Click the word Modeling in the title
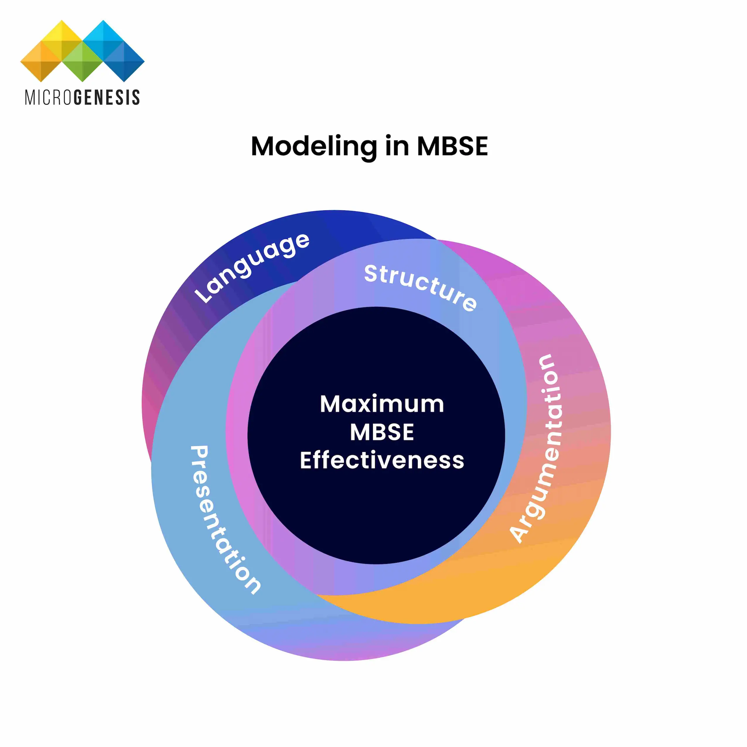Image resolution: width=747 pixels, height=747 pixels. click(x=313, y=147)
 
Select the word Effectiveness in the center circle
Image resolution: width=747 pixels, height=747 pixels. click(x=382, y=460)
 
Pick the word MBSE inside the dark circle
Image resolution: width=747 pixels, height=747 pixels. click(x=382, y=432)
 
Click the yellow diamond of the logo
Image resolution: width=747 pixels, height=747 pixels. click(x=62, y=39)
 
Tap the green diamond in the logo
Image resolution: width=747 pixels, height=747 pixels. click(x=82, y=62)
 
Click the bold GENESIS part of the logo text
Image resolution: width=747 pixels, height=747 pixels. click(x=106, y=98)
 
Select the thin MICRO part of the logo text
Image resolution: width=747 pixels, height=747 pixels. click(x=48, y=98)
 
